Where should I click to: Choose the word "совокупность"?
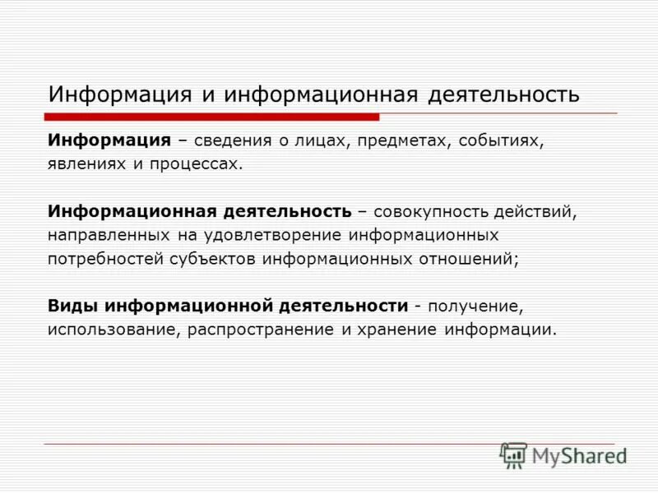pyautogui.click(x=430, y=211)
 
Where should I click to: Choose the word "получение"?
pyautogui.click(x=475, y=306)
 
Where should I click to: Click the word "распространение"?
pyautogui.click(x=255, y=329)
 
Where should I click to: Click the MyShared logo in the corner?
pyautogui.click(x=563, y=454)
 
